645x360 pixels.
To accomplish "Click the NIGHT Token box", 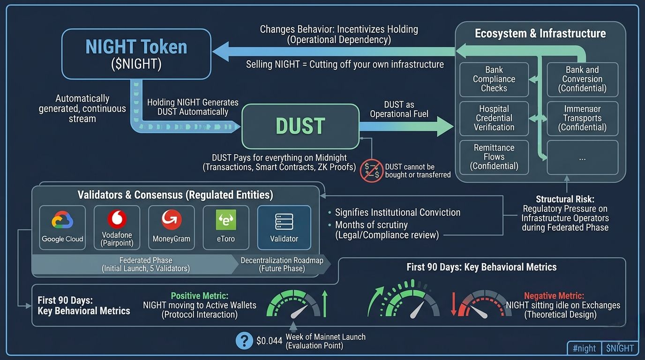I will [x=136, y=54].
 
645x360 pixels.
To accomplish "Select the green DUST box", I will [x=300, y=126].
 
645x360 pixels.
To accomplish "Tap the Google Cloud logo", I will [x=62, y=220].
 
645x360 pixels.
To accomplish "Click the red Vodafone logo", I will [x=117, y=219].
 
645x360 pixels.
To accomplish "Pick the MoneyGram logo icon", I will [x=171, y=219].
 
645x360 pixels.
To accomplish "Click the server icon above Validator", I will [x=284, y=221].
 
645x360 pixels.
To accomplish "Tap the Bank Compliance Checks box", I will [x=494, y=79].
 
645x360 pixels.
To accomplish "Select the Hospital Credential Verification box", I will [x=494, y=118].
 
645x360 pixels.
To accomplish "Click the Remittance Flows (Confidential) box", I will [x=494, y=157].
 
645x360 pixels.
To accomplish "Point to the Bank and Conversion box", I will [x=582, y=79].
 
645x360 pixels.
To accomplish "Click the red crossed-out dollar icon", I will [x=371, y=171].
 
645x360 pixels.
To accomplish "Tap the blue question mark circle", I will [x=244, y=341].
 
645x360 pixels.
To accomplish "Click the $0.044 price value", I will [x=269, y=341].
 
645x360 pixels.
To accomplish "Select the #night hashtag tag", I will [x=584, y=348].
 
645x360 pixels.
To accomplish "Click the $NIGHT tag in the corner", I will [x=620, y=348].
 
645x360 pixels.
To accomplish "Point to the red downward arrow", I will [x=454, y=304].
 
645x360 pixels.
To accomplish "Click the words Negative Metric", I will [x=554, y=296].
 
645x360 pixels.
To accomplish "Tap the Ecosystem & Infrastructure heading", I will [x=540, y=34].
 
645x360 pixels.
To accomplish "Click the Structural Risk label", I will [x=565, y=199].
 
